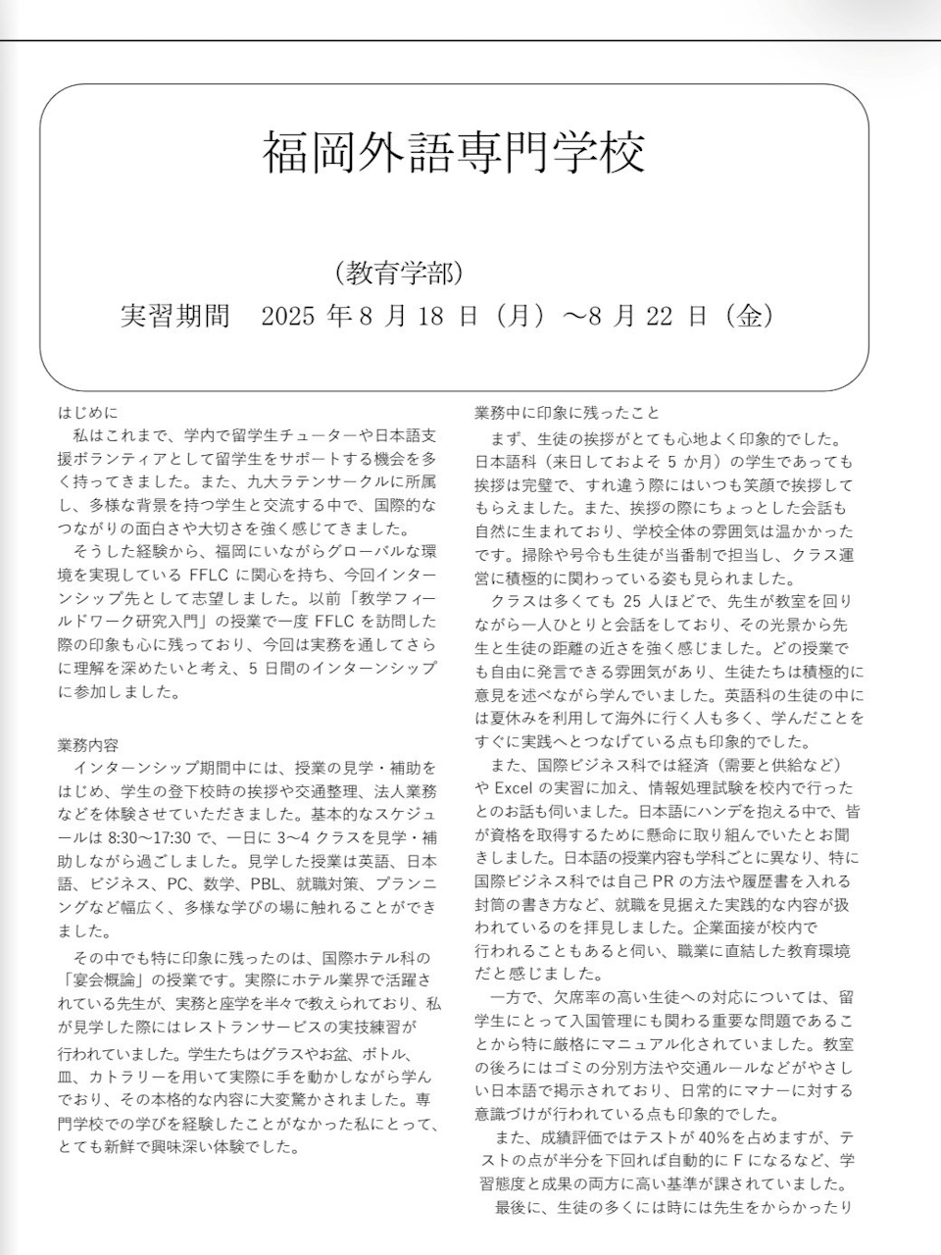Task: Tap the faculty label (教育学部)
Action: pos(397,273)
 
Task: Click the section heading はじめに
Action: pos(87,414)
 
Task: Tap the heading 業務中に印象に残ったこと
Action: pos(567,414)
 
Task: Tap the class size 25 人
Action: pos(644,601)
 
